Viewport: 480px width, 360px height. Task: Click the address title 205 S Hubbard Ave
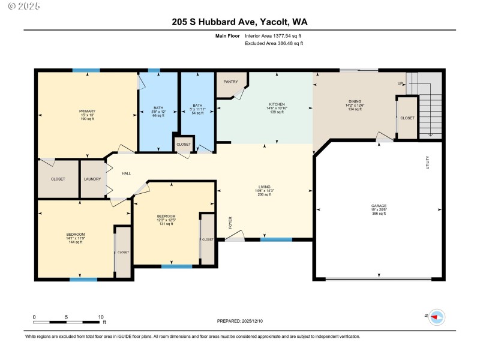tap(239, 23)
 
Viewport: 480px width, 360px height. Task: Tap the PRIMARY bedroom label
tap(87, 111)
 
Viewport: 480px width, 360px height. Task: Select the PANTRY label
tap(230, 82)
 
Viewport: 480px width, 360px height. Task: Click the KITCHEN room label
tap(277, 104)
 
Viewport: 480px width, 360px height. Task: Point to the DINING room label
tap(355, 101)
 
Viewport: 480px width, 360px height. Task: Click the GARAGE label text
tap(379, 206)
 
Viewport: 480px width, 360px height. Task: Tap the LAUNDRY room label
tap(92, 179)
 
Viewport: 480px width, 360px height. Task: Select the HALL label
tap(127, 173)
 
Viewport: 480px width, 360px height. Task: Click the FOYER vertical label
tap(230, 223)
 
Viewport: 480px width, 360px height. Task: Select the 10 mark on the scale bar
tap(101, 316)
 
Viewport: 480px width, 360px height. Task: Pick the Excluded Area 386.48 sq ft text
tap(274, 43)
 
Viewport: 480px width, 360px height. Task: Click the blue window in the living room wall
tap(276, 239)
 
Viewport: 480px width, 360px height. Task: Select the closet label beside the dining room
tap(407, 118)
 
